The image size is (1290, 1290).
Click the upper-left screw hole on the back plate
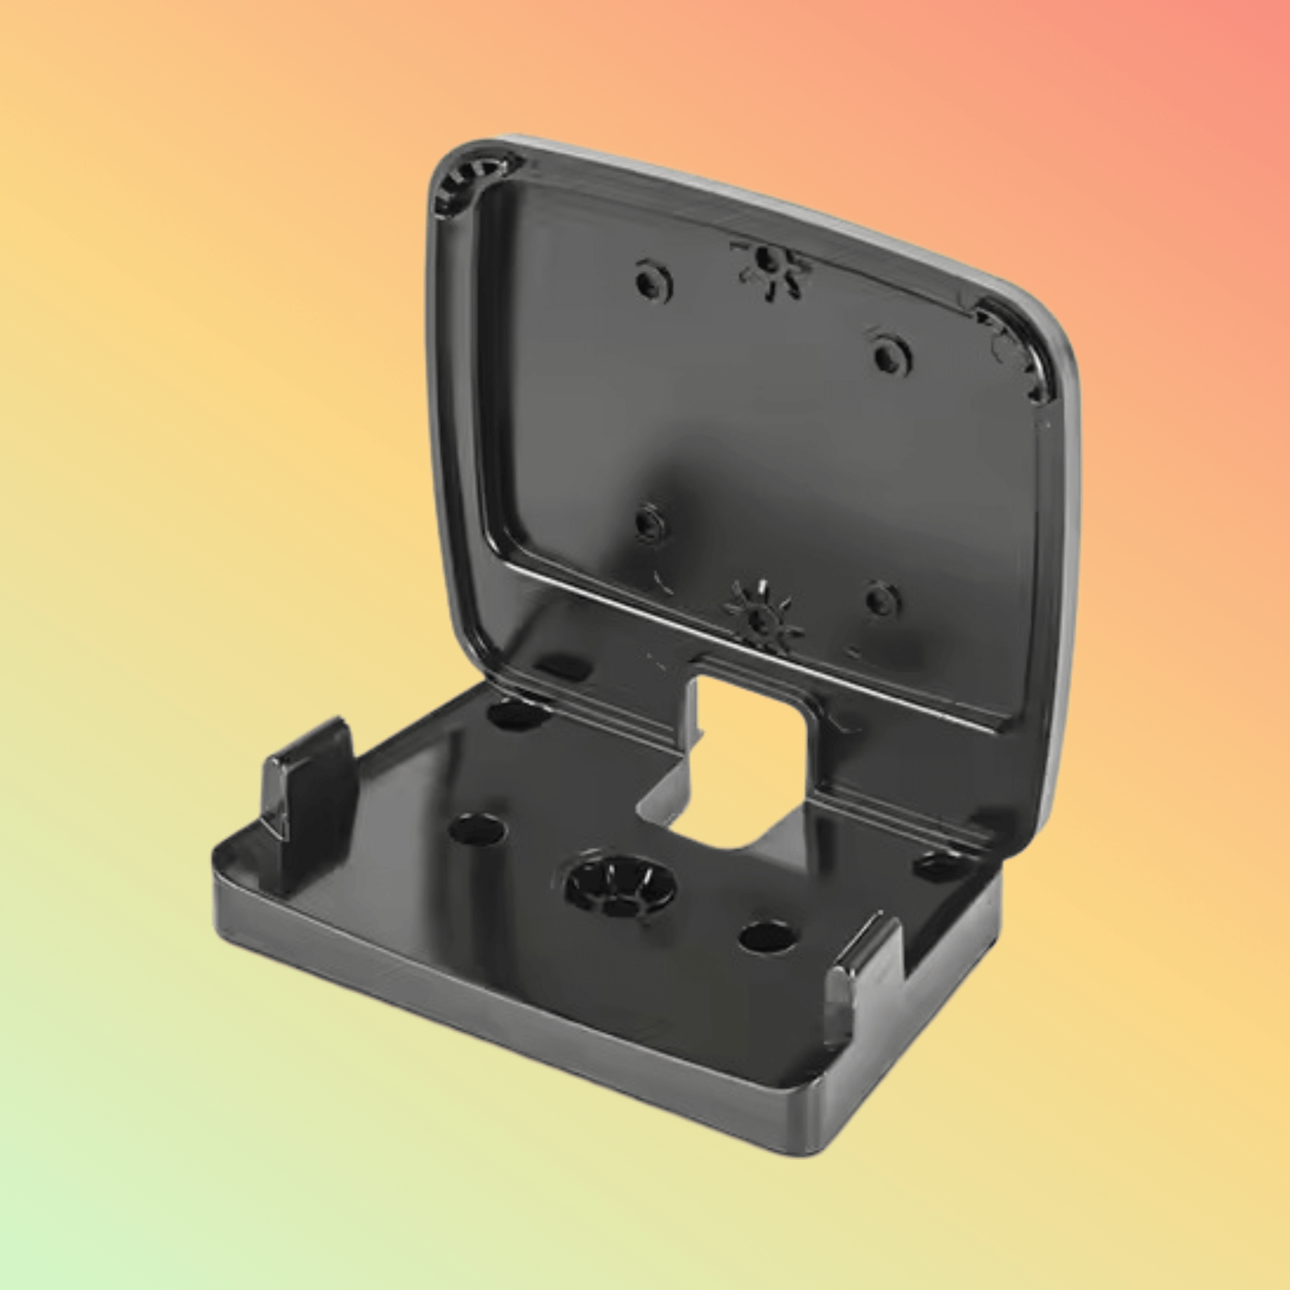point(653,283)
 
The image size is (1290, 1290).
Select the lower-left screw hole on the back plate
point(650,522)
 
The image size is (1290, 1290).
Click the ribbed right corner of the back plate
point(1018,354)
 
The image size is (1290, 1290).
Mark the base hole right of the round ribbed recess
point(768,936)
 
